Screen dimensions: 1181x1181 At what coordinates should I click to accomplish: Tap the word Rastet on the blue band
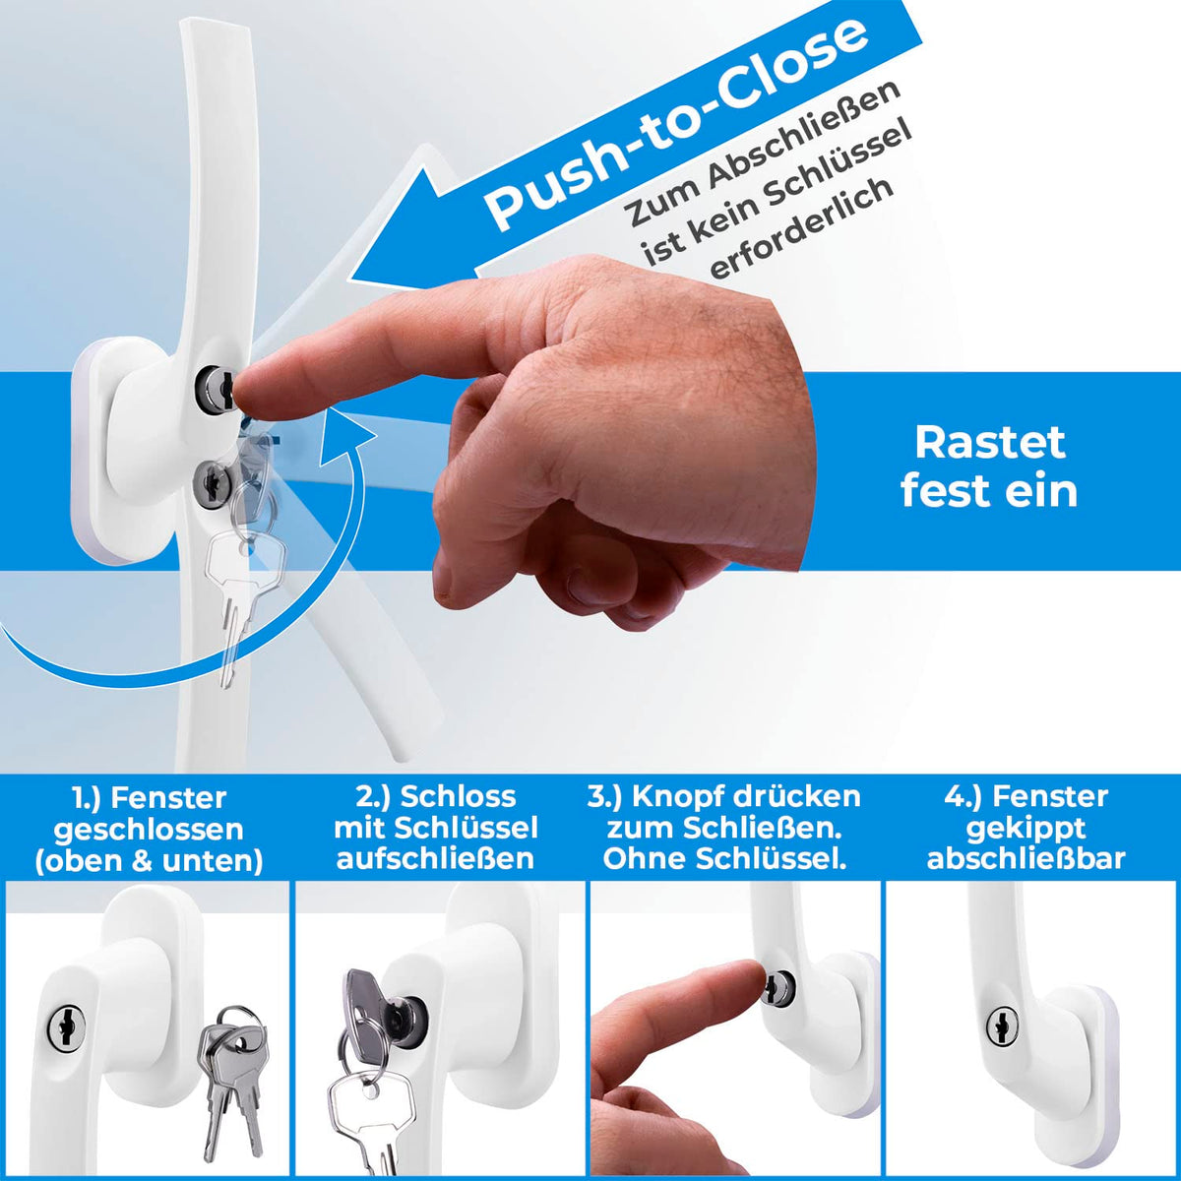990,443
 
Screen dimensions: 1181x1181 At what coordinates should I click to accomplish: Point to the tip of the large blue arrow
351,281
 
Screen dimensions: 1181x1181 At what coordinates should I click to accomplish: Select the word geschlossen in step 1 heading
149,830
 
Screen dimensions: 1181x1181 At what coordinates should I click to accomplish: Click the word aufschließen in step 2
435,859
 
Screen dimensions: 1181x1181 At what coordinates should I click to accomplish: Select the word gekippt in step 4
1026,829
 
